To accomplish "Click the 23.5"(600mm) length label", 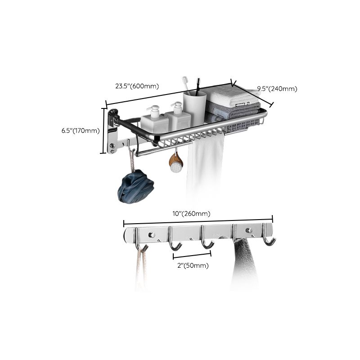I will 137,85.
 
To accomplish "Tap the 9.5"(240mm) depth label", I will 277,89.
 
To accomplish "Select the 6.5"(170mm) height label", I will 81,131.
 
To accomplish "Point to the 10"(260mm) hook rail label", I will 194,213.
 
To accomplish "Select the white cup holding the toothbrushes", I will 194,108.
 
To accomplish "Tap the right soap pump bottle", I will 179,118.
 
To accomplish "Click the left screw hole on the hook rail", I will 152,235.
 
